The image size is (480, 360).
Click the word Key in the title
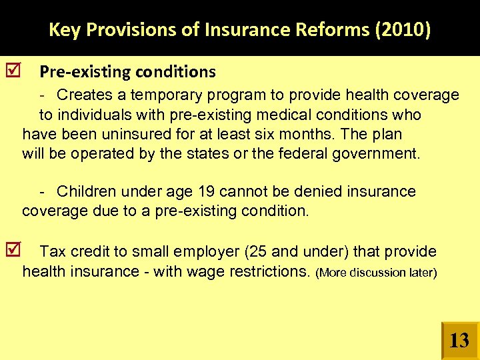(64, 30)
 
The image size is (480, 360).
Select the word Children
(86, 192)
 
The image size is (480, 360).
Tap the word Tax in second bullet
(51, 252)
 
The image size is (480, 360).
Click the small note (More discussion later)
(376, 273)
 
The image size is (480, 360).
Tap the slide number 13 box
(459, 341)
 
